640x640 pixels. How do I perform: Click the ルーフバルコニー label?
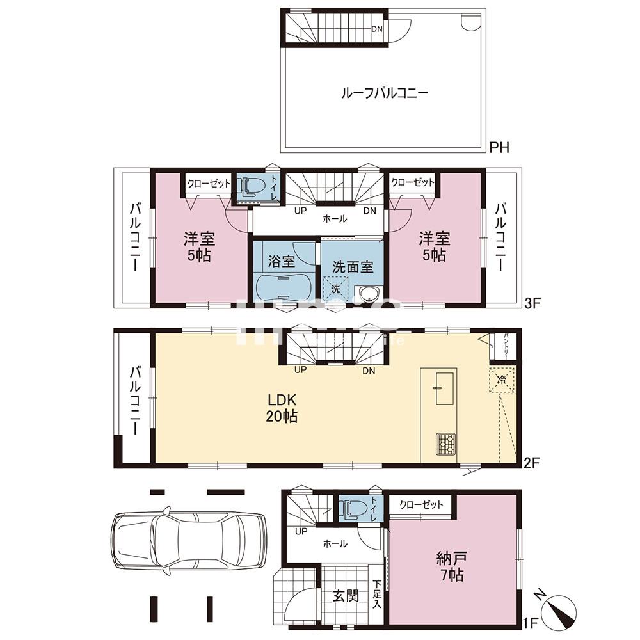(384, 93)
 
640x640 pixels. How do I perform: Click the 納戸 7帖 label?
(452, 564)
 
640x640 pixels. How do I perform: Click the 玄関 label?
(345, 596)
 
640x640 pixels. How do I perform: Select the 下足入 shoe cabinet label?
(378, 595)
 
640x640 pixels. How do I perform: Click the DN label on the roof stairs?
(378, 29)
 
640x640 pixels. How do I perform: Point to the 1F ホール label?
(335, 544)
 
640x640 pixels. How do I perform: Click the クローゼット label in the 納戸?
(421, 504)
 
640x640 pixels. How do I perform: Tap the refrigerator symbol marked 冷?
(502, 380)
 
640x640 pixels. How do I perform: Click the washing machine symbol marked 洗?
(336, 288)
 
